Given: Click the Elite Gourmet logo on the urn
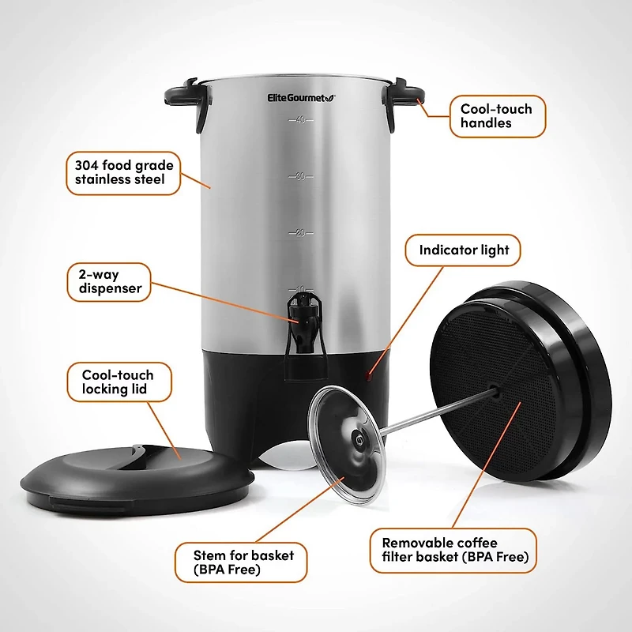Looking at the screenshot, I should (x=300, y=97).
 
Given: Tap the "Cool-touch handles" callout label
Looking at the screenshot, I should (x=496, y=116).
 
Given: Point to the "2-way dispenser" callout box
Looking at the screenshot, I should (x=110, y=282).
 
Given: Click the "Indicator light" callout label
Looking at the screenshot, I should (x=464, y=250).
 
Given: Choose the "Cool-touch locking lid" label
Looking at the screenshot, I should (x=118, y=382).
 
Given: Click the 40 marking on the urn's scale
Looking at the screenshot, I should (x=300, y=120).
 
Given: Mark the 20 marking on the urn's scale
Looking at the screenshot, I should (x=300, y=233).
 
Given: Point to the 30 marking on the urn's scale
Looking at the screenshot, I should (x=300, y=177).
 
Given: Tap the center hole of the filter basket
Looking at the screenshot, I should (x=493, y=389).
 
